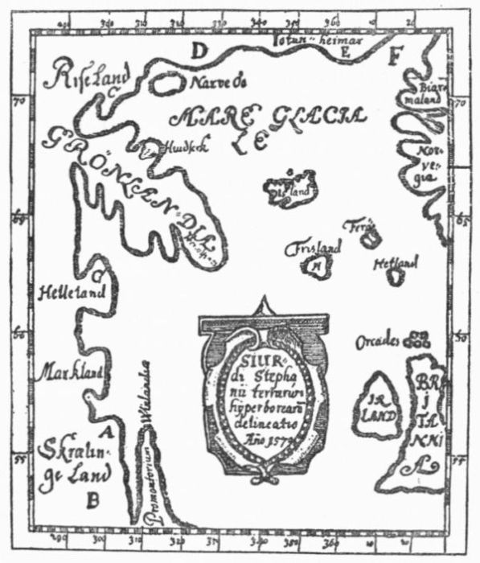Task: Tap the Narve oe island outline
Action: (x=169, y=81)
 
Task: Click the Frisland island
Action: (x=317, y=265)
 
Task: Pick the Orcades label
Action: (x=379, y=343)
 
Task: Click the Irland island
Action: (x=378, y=406)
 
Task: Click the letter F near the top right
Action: (x=393, y=57)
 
